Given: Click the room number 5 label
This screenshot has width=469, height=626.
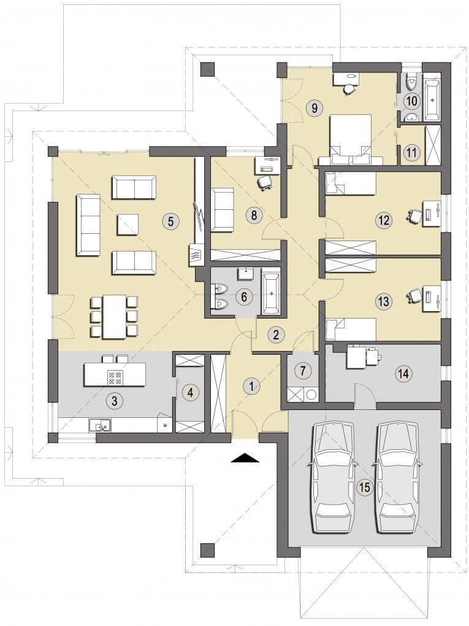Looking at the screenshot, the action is pyautogui.click(x=170, y=221).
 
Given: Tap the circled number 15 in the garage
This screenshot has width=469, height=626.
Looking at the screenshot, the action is pyautogui.click(x=365, y=487).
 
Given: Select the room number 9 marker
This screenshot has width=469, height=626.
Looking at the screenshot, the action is pyautogui.click(x=315, y=107).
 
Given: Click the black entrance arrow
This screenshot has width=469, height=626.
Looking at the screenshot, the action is pyautogui.click(x=245, y=457).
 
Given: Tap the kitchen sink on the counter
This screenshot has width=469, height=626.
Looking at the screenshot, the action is pyautogui.click(x=100, y=425).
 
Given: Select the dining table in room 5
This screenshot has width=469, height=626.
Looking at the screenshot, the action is pyautogui.click(x=115, y=317).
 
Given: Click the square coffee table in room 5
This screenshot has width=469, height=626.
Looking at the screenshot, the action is pyautogui.click(x=128, y=225).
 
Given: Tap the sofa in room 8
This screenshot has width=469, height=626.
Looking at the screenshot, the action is pyautogui.click(x=222, y=210).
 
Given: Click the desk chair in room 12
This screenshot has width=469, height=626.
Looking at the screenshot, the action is pyautogui.click(x=414, y=215).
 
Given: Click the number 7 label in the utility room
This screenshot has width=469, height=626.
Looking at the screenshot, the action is pyautogui.click(x=303, y=371).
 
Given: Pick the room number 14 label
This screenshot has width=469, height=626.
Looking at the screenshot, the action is pyautogui.click(x=403, y=374).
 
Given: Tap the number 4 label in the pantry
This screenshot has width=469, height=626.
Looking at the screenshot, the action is pyautogui.click(x=190, y=393).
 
